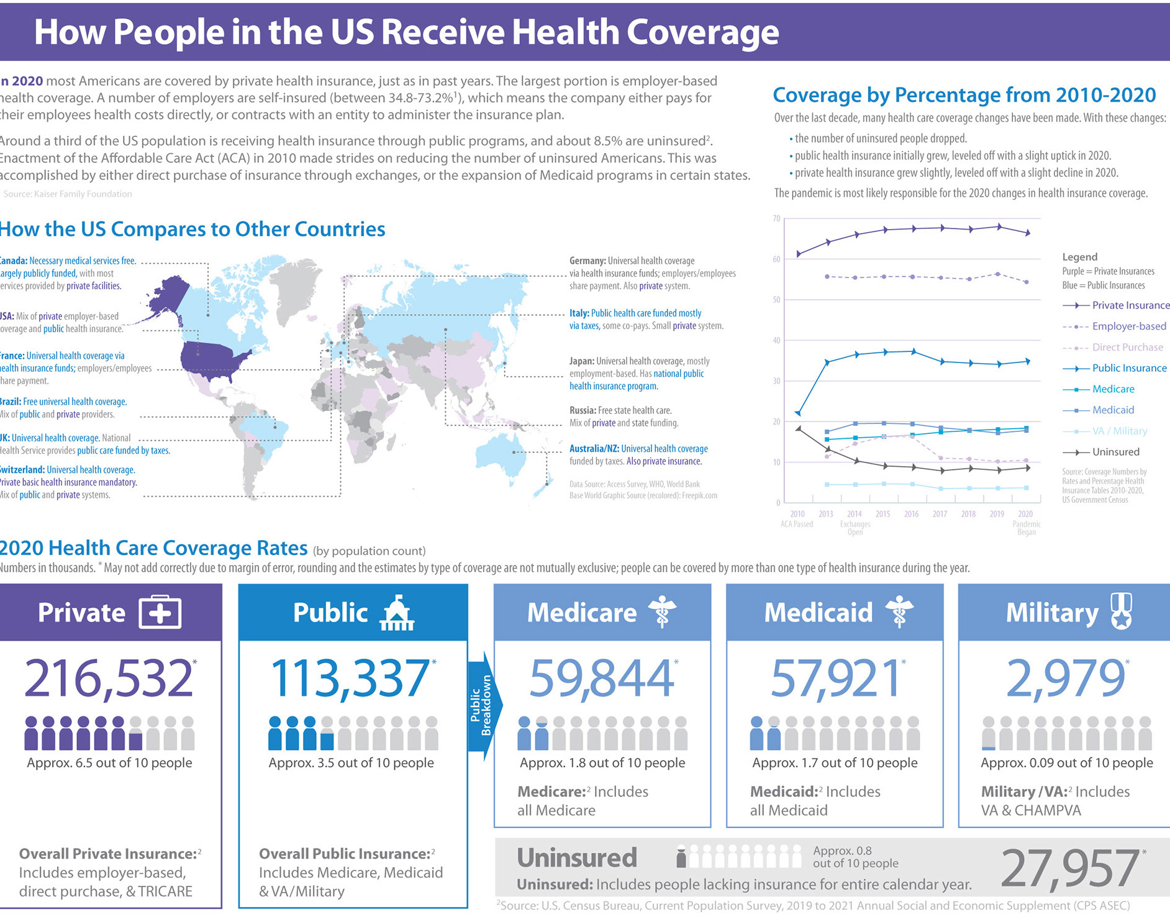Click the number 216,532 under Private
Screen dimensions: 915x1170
coord(109,678)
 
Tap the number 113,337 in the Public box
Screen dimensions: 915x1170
coord(350,678)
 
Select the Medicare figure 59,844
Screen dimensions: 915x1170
coord(601,678)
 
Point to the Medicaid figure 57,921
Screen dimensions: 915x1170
coord(835,678)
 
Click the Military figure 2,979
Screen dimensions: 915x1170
coord(1065,678)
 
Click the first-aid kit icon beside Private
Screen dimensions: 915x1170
coord(160,613)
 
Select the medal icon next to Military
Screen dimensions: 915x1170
coord(1121,611)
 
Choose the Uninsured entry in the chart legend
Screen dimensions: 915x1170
coord(1115,452)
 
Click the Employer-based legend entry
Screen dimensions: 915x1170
coord(1128,326)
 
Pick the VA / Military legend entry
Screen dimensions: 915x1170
coord(1120,431)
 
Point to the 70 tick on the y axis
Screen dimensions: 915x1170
coord(776,219)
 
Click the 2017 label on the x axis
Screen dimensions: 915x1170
coord(940,514)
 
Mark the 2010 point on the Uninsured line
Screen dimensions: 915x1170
coord(799,428)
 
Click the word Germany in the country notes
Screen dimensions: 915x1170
coord(587,261)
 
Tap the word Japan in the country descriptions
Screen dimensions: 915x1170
coord(581,361)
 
